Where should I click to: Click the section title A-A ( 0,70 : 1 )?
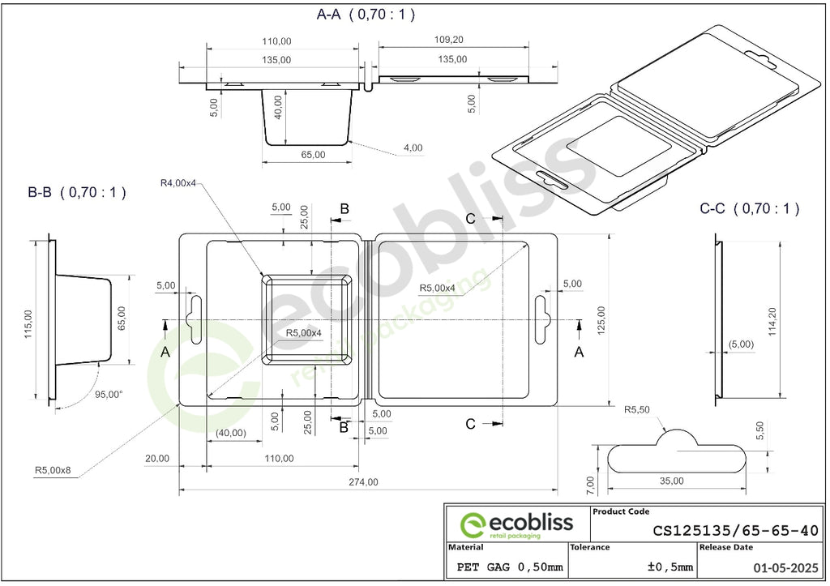click(366, 15)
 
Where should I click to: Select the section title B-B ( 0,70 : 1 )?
click(77, 192)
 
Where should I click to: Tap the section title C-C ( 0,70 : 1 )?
click(749, 208)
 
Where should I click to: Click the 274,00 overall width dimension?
click(364, 482)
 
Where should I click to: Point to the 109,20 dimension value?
click(449, 40)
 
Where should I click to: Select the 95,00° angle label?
click(109, 395)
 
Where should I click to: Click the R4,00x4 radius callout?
click(178, 183)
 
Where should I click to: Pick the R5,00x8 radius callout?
click(53, 470)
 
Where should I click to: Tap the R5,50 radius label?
click(637, 410)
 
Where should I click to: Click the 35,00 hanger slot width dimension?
click(672, 481)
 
